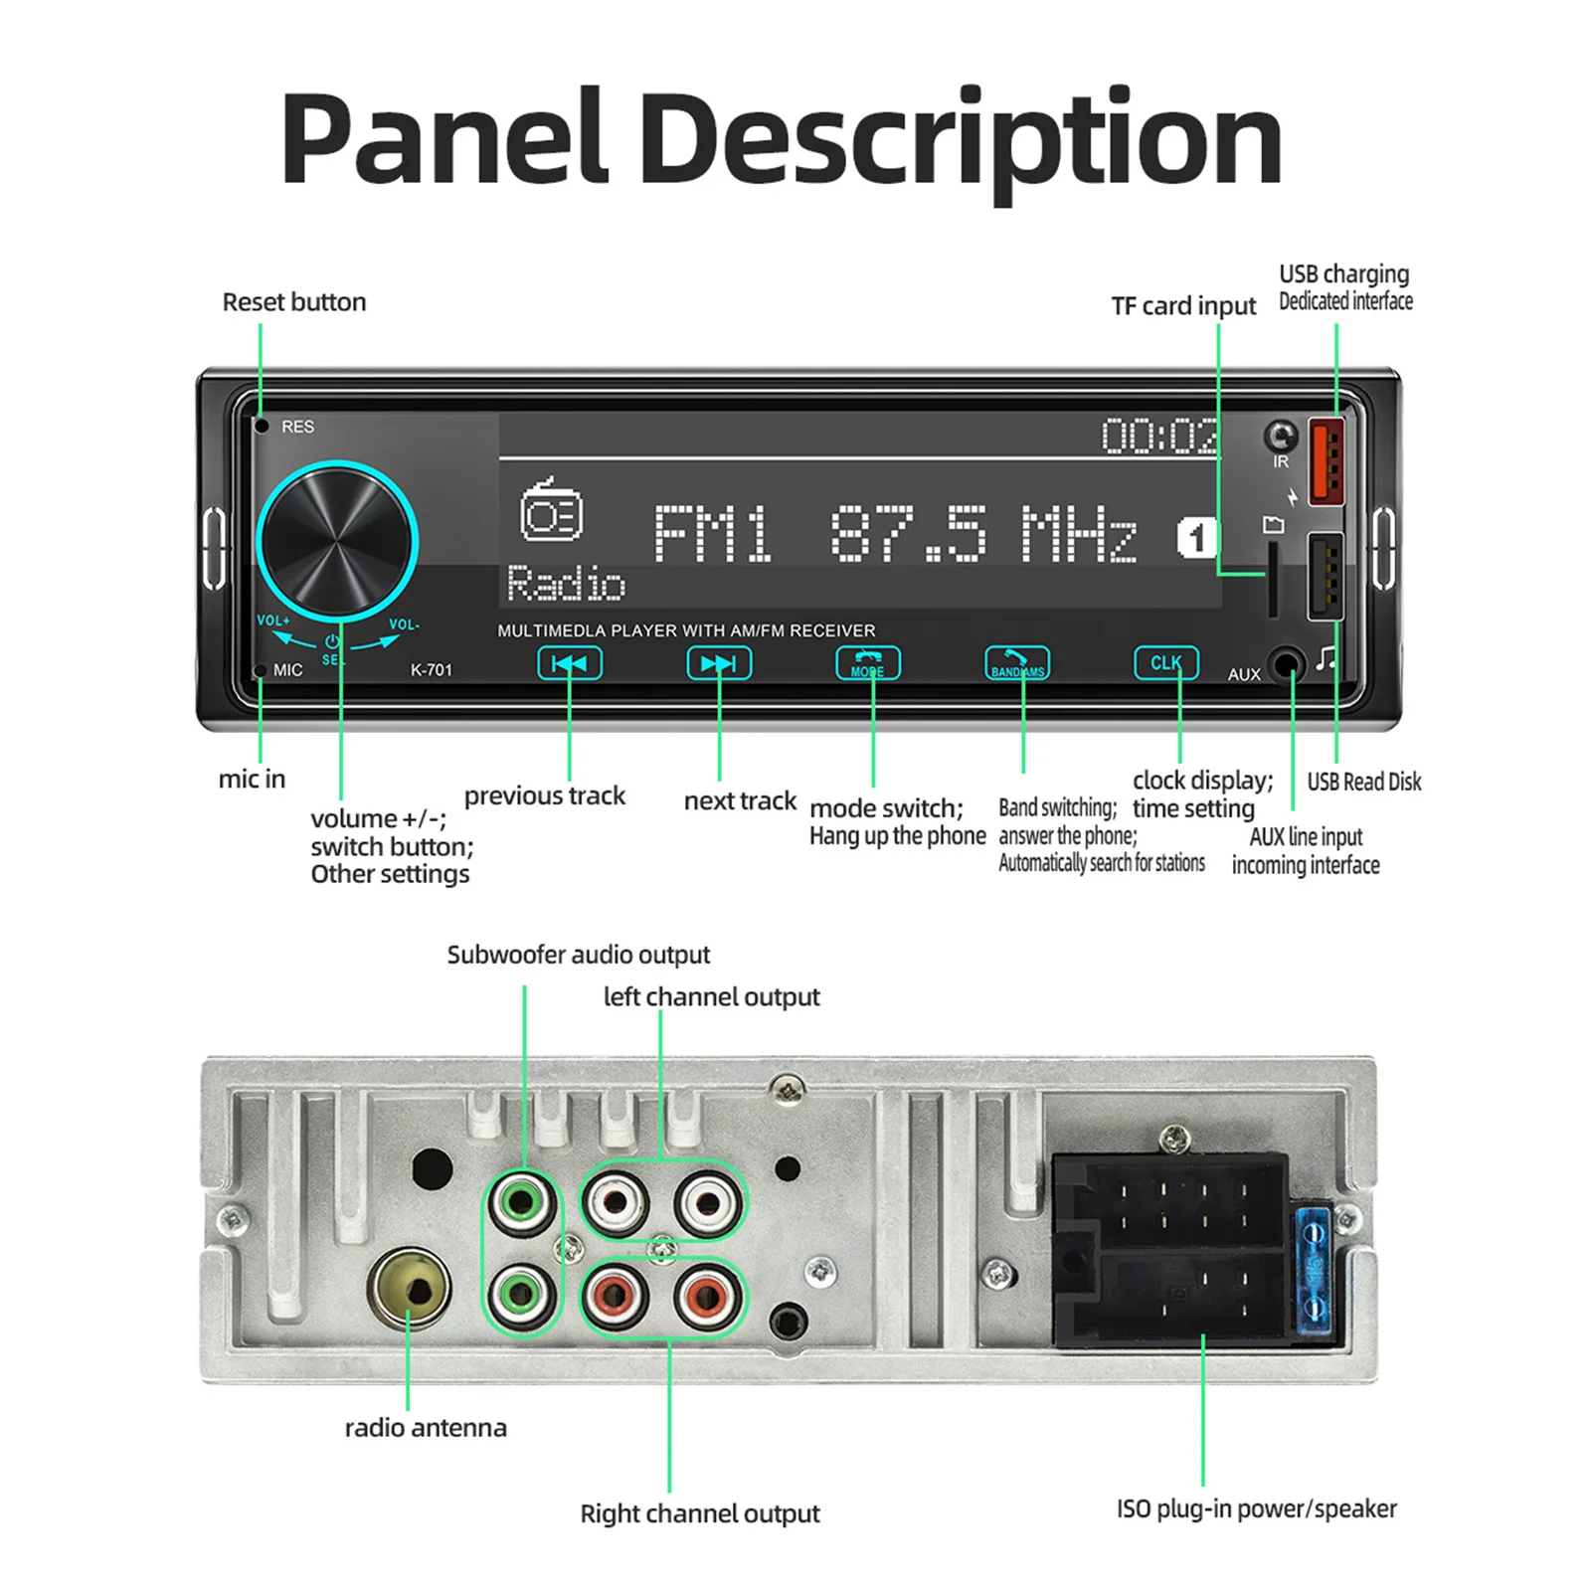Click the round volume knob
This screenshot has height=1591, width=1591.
[x=336, y=541]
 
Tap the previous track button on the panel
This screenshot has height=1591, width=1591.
[x=570, y=663]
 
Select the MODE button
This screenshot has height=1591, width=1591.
[x=868, y=663]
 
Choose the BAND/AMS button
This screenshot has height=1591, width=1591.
[x=1016, y=663]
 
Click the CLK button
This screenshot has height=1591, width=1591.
[x=1166, y=663]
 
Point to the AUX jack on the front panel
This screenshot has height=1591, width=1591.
[x=1287, y=664]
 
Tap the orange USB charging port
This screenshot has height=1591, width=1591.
[x=1326, y=460]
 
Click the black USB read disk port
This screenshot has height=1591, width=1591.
[x=1326, y=576]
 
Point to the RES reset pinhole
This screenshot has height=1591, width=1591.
[x=263, y=427]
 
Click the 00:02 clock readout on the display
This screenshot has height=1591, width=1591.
[x=1159, y=437]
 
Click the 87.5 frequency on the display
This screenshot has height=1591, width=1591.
[x=908, y=534]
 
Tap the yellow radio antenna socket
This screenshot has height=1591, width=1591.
[x=410, y=1289]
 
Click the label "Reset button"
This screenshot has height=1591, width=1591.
[x=293, y=302]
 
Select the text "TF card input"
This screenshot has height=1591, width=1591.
[x=1183, y=306]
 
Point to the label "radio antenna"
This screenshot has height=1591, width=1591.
[x=426, y=1428]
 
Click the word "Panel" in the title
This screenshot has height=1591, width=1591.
[x=443, y=139]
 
